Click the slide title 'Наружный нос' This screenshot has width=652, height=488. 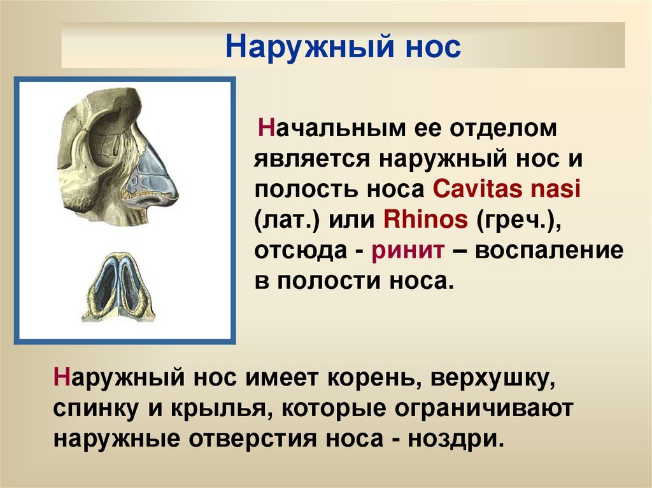pos(343,46)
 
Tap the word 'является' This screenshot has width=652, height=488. pos(311,159)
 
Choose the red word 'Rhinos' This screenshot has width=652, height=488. pos(425,219)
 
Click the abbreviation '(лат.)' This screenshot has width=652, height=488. pos(287,220)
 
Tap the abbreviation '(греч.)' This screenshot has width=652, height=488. pos(518,220)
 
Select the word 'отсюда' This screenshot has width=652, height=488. pos(301,251)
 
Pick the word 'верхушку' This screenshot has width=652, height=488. pos(493,379)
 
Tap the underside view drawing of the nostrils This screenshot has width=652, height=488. pos(119,287)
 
